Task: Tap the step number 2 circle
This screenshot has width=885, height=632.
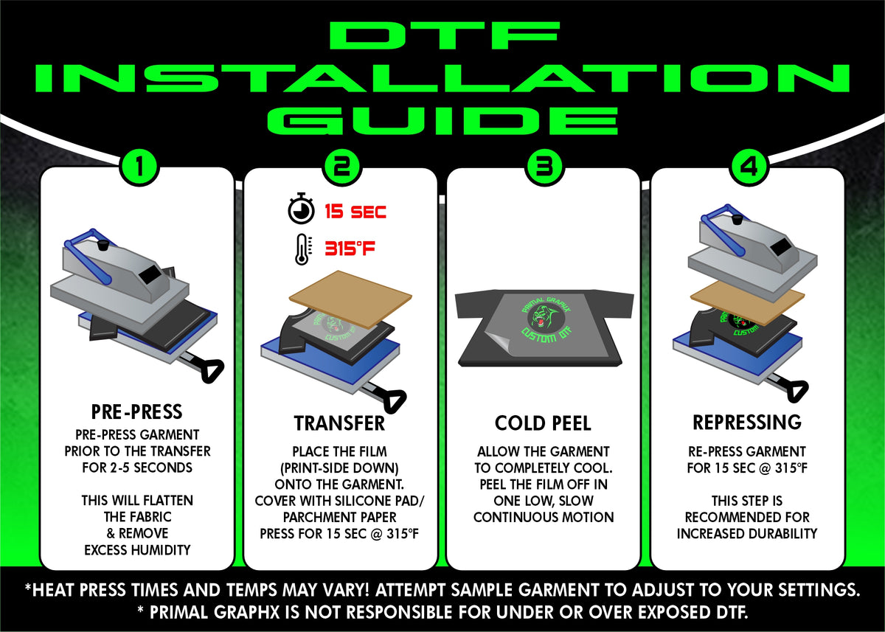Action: (x=341, y=168)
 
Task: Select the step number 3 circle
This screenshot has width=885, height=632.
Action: (x=544, y=168)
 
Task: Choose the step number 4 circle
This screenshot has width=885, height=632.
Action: (x=748, y=168)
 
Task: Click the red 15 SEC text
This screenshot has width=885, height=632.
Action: (x=355, y=212)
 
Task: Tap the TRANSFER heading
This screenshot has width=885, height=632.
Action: (x=339, y=423)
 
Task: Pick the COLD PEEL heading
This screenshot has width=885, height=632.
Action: (x=544, y=423)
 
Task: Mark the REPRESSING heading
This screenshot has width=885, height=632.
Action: (x=746, y=422)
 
